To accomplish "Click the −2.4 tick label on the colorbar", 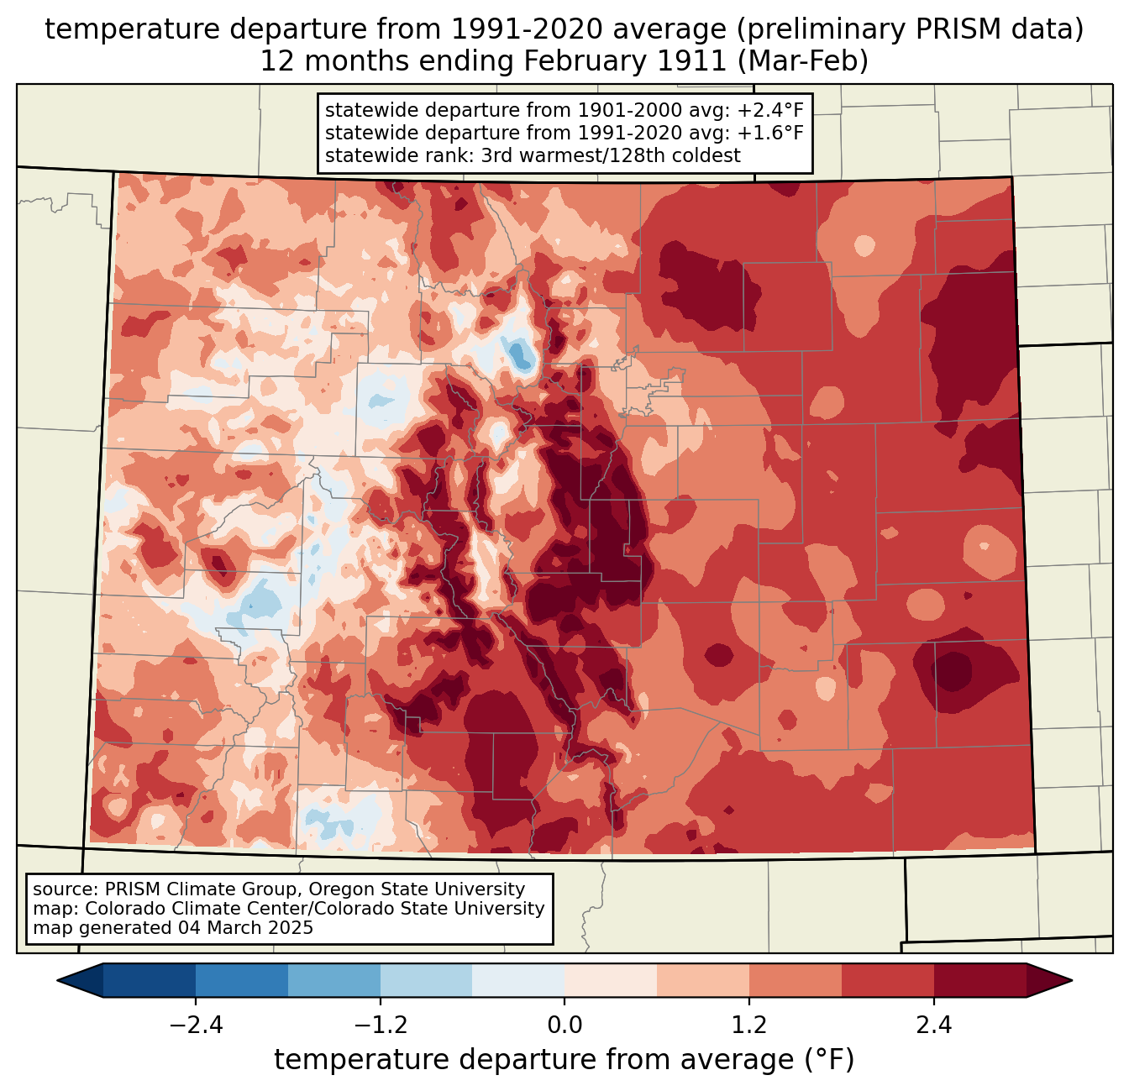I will point(196,1025).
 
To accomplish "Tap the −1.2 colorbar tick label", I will point(380,1025).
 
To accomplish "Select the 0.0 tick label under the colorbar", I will point(564,1025).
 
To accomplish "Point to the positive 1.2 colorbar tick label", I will point(749,1025).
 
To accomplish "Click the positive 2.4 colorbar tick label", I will point(933,1025).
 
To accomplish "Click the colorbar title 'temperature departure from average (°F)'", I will point(564,1060).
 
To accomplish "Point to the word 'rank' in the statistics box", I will point(435,155).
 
